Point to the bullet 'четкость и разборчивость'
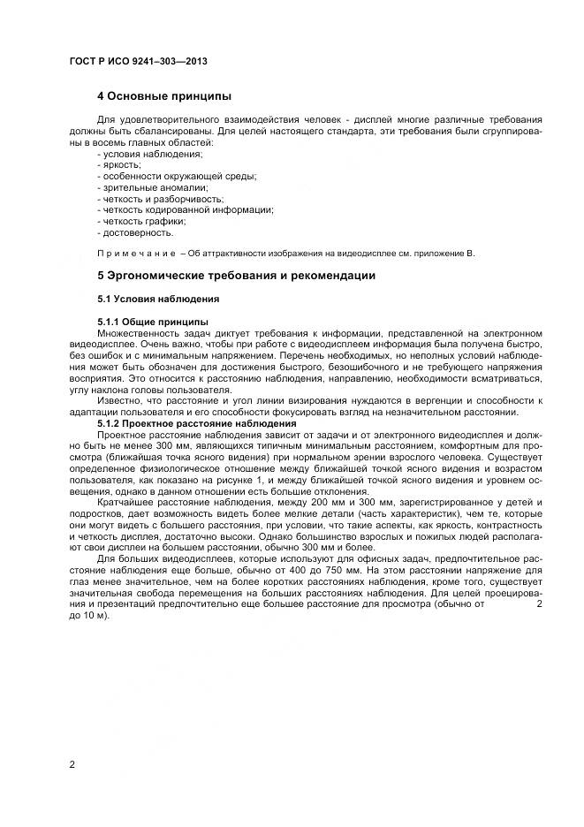point(160,200)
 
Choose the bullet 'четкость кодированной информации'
point(186,210)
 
